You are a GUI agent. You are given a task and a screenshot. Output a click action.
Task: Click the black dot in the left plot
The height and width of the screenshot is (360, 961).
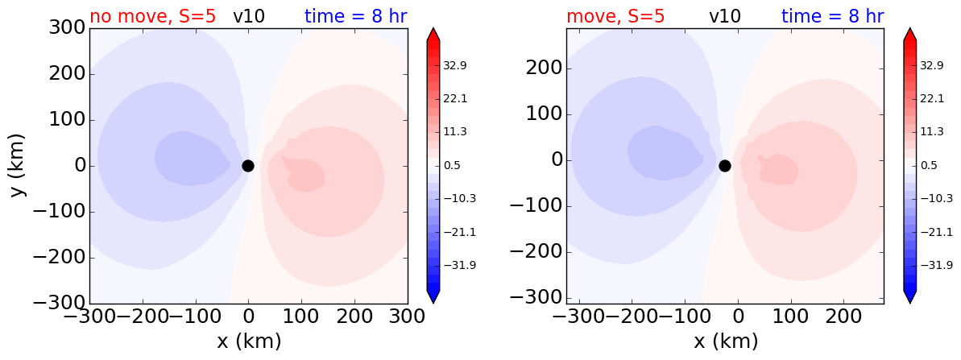click(247, 165)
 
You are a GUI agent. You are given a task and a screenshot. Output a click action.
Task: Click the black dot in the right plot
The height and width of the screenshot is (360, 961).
click(724, 165)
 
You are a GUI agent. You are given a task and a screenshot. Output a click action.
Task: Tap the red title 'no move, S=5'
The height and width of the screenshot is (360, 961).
click(152, 16)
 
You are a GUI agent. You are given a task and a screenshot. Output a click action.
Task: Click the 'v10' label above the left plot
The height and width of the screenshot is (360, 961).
click(249, 17)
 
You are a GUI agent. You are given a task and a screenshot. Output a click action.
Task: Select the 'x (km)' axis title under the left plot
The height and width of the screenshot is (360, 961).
click(249, 341)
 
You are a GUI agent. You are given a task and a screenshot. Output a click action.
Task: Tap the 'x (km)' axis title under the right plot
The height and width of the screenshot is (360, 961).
click(726, 341)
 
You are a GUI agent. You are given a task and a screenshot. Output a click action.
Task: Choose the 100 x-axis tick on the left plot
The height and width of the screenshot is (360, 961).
click(301, 317)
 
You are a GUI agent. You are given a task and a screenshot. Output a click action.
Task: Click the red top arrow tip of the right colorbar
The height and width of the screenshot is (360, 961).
click(909, 28)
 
